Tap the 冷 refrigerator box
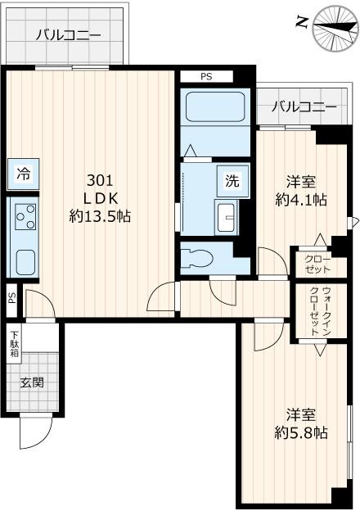pos(24,174)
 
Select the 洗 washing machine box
pos(231,182)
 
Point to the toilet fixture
pos(196,257)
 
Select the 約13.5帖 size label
pos(100,217)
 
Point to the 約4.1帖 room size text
pos(301,199)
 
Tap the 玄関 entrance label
pos(32,382)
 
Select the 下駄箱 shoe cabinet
pos(15,341)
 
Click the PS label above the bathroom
pos(206,77)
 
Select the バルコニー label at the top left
pos(67,34)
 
